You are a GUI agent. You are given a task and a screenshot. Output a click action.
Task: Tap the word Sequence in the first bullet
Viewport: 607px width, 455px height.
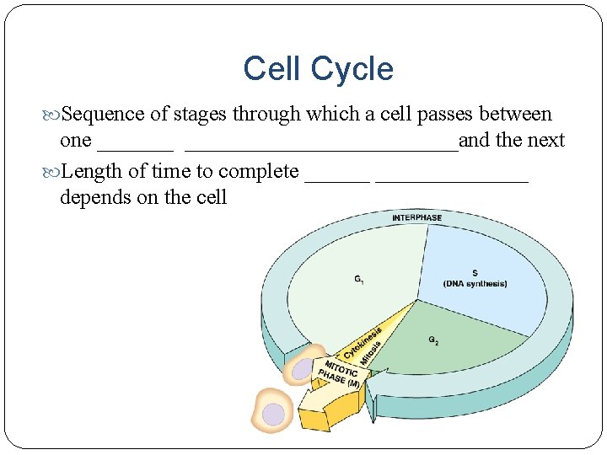point(103,115)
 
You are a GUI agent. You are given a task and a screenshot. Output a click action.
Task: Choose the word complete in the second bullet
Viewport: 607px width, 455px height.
point(259,173)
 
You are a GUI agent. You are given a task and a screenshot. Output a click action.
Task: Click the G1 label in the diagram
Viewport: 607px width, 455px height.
point(360,279)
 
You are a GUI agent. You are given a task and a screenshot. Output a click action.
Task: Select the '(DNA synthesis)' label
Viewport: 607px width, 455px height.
point(475,284)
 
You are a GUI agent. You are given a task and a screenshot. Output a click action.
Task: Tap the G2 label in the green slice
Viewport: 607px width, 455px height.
point(433,340)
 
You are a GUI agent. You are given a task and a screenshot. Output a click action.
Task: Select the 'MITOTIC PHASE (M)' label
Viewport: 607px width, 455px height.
point(337,373)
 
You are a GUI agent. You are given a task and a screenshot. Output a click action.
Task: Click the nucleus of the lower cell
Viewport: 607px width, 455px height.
point(273,413)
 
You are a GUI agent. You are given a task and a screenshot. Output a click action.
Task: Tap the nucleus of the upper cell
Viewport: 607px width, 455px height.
point(301,368)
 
